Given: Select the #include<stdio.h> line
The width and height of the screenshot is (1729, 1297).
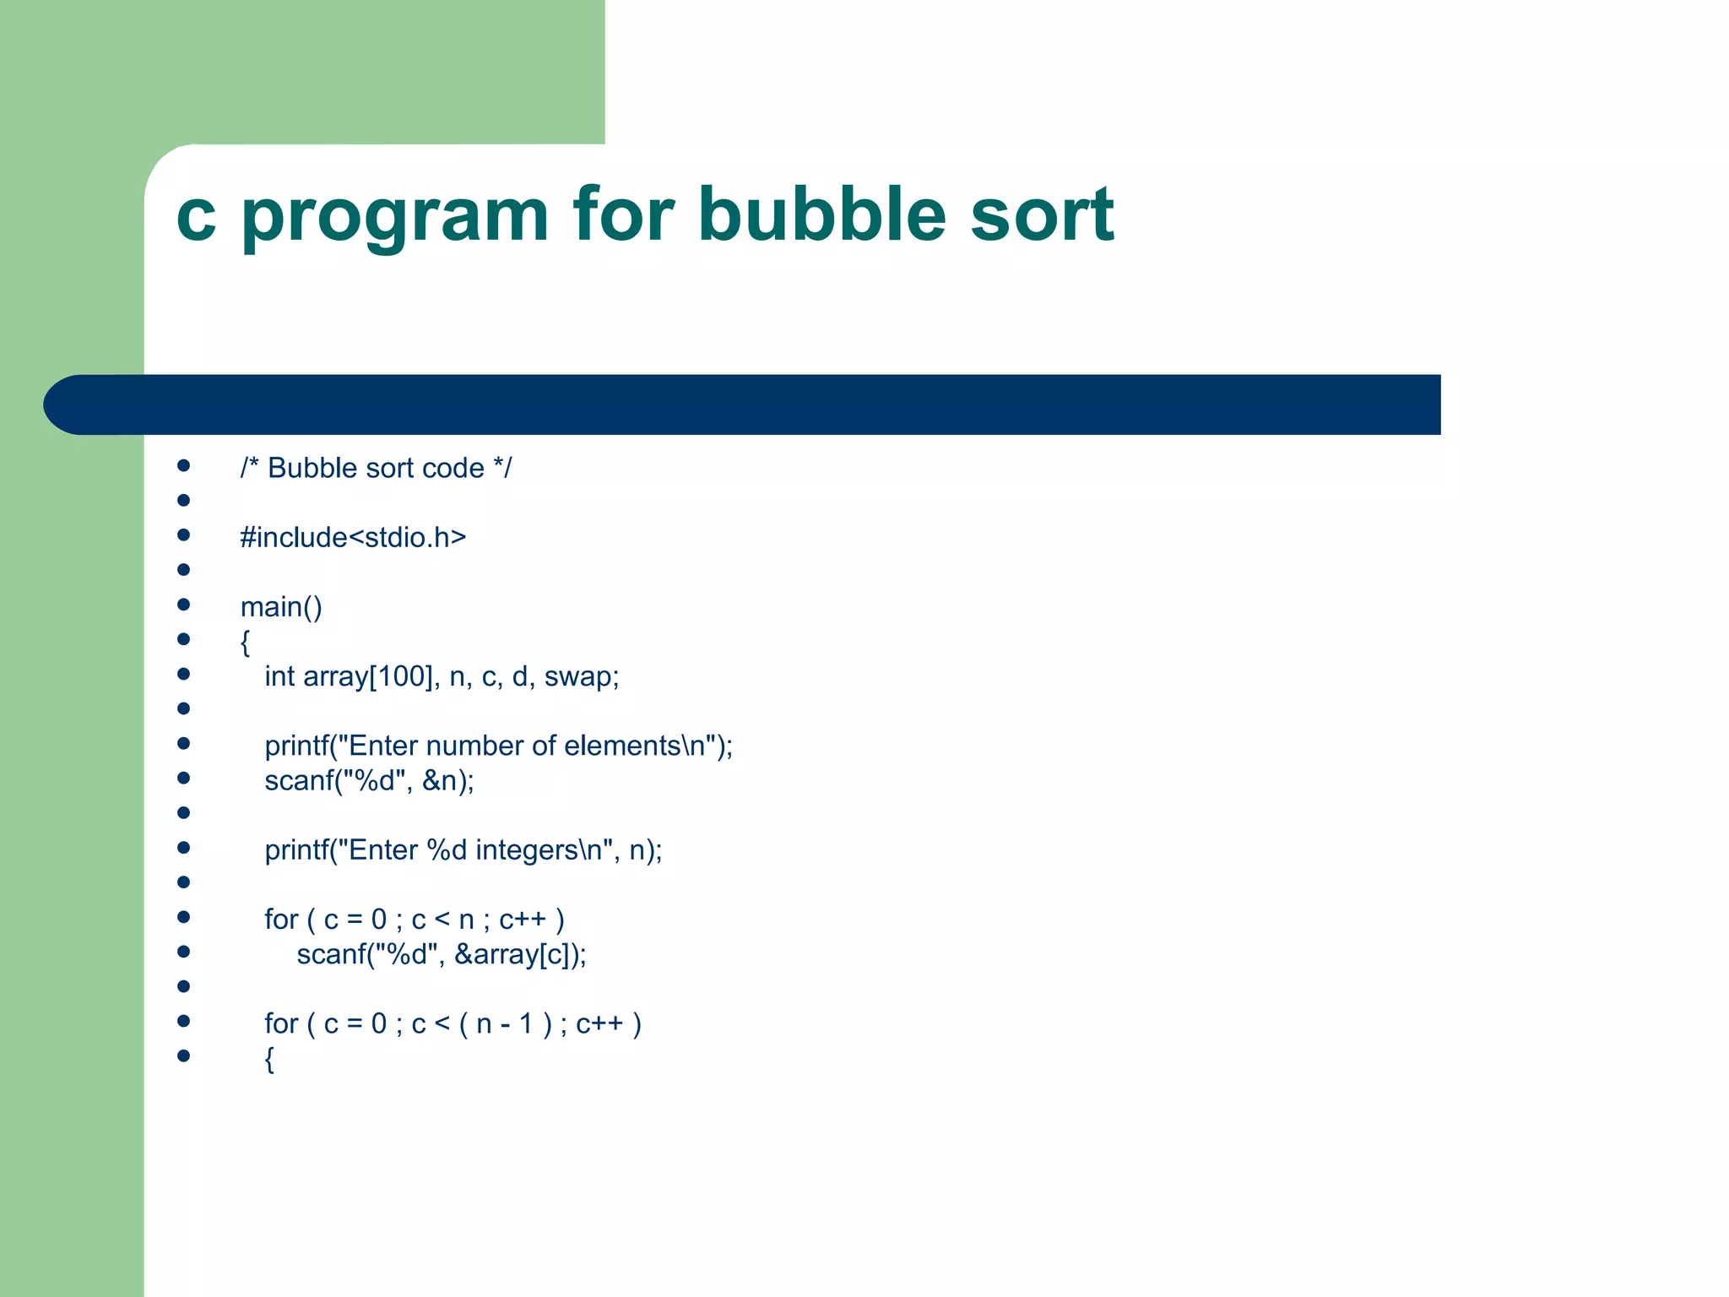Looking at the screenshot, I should click(x=353, y=537).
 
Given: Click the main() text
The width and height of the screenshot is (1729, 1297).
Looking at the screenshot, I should click(x=281, y=607).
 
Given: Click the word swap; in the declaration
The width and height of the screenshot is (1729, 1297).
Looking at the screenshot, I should click(x=582, y=676).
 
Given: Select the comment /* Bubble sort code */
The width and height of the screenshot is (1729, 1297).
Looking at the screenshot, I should click(x=376, y=468).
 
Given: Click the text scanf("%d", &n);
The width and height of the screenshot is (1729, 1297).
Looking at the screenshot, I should click(x=369, y=781).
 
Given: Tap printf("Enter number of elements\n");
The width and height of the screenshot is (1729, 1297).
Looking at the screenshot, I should click(x=498, y=746).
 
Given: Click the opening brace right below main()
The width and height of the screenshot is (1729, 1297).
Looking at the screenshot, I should click(x=245, y=643).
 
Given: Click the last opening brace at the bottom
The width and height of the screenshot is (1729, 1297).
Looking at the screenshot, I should click(x=269, y=1059).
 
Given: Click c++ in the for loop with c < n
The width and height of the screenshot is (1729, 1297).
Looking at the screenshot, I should click(x=523, y=920).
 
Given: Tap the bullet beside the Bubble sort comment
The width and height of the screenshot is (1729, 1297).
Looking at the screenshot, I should click(x=183, y=466).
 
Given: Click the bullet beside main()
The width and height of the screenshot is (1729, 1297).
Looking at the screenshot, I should click(x=183, y=605).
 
